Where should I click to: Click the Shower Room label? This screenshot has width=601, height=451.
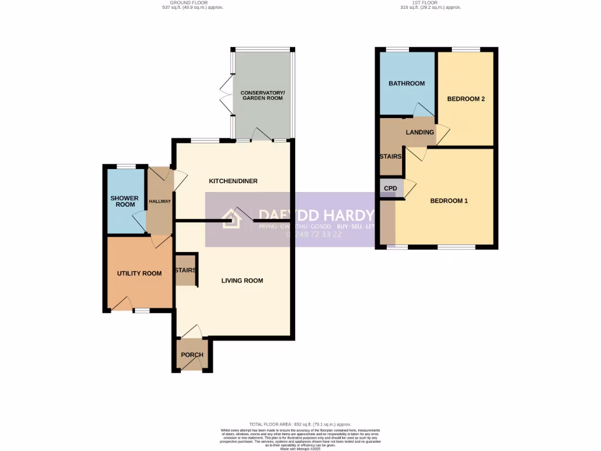[x=124, y=201]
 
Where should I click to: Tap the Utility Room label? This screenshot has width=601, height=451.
[x=139, y=273]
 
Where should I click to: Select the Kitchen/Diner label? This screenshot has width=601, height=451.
[x=233, y=181]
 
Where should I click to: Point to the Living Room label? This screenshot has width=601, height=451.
[x=242, y=280]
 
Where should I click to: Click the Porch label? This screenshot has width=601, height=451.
[x=192, y=355]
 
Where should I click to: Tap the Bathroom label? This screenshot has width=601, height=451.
[x=407, y=83]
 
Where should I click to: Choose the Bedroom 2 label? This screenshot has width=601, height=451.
[x=466, y=99]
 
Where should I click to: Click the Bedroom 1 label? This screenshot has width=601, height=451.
[x=449, y=201]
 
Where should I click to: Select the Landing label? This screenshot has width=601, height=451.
[x=420, y=132]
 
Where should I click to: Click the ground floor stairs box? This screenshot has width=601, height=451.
[x=185, y=270]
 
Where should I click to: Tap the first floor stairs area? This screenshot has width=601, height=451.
[x=390, y=157]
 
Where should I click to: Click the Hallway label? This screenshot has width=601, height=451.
[x=160, y=201]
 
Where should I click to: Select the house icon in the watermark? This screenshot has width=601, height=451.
[x=232, y=219]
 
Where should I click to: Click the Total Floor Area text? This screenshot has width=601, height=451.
[x=300, y=424]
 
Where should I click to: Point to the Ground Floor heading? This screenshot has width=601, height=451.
[x=193, y=5]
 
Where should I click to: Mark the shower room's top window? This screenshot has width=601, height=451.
[x=125, y=166]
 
